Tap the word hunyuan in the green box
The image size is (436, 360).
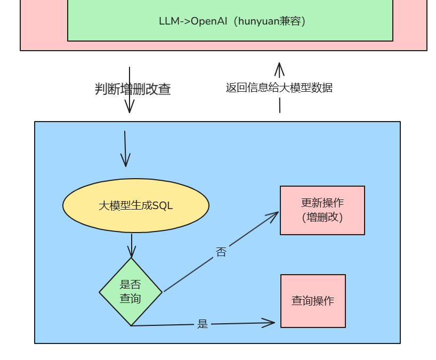[262, 21]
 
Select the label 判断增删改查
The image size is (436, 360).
[133, 89]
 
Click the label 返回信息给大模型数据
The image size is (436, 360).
[279, 87]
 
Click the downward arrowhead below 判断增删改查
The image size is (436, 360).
[129, 108]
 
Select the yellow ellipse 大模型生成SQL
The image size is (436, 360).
[135, 205]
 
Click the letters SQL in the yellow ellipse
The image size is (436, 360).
[163, 206]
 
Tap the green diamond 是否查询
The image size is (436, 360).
[131, 292]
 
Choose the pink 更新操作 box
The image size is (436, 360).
[322, 210]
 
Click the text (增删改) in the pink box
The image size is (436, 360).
[322, 217]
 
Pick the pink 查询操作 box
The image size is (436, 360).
[313, 301]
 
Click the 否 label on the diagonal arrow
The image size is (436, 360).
[221, 252]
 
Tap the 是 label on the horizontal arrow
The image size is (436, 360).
[203, 324]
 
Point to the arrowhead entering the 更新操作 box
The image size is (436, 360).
[274, 214]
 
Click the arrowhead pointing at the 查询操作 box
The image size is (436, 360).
[270, 323]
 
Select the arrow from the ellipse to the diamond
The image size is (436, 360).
[132, 245]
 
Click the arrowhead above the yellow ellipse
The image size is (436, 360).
[125, 162]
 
